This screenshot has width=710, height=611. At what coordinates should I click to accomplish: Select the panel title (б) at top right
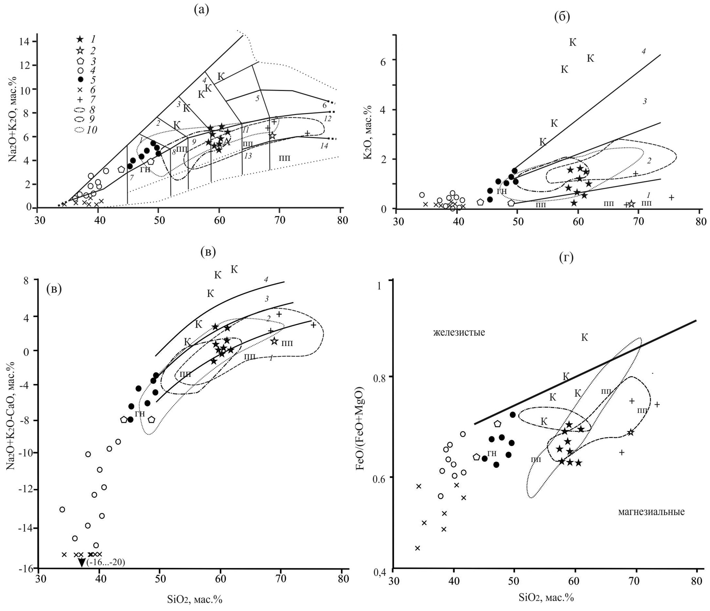tap(562, 16)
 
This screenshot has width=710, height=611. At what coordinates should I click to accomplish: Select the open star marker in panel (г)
tap(630, 432)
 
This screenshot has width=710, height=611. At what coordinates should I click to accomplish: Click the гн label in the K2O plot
tap(502, 191)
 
